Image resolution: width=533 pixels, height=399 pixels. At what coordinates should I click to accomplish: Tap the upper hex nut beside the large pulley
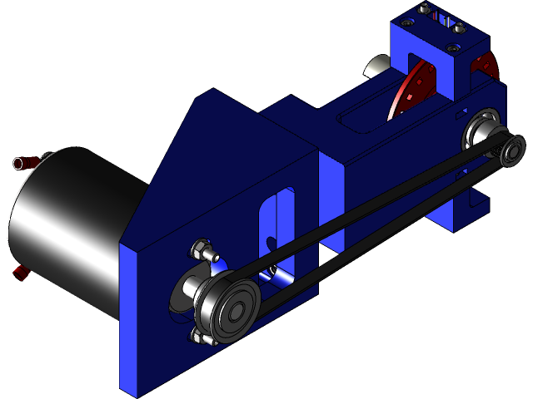(202, 249)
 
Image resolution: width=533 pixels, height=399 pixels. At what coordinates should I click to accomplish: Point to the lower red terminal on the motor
(19, 273)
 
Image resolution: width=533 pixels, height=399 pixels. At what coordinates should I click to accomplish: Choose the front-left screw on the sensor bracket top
(407, 23)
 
